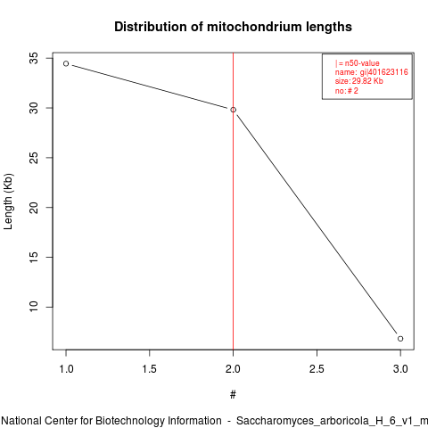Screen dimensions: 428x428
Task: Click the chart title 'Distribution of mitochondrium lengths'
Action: click(233, 27)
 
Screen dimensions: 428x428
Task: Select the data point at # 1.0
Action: click(66, 63)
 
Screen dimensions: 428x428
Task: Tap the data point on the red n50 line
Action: click(234, 110)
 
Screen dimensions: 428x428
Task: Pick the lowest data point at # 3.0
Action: click(400, 339)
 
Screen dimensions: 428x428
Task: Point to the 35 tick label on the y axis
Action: click(34, 58)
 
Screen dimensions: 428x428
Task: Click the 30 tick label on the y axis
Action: click(34, 108)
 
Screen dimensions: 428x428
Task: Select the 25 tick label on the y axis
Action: click(34, 158)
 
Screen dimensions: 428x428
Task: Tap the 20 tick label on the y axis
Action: click(34, 208)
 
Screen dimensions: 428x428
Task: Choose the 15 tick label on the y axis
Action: click(34, 257)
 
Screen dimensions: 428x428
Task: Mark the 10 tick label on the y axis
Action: click(34, 307)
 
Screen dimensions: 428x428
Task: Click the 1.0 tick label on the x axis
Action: click(66, 369)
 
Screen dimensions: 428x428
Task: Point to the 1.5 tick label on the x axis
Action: click(150, 369)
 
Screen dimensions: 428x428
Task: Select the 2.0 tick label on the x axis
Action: click(233, 369)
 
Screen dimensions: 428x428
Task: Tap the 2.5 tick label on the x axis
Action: click(317, 369)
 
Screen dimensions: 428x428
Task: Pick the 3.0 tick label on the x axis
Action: click(400, 369)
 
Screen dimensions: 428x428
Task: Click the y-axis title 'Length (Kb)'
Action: click(8, 202)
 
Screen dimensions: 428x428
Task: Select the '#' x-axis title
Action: click(233, 395)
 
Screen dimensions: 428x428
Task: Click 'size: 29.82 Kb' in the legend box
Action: click(359, 81)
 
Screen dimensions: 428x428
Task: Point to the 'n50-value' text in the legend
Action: click(362, 63)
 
